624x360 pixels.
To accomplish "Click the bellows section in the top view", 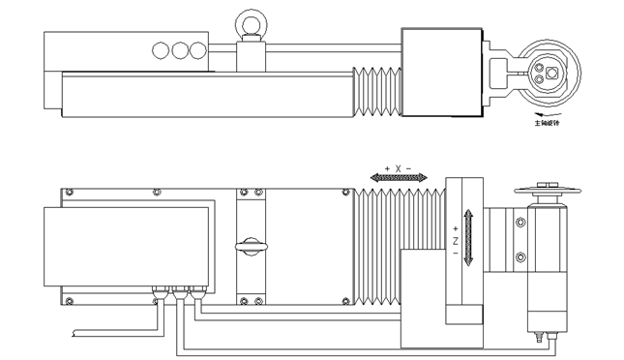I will tap(377, 91).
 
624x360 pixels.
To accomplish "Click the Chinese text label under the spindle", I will tap(548, 123).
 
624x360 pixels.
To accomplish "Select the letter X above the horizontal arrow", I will tap(398, 168).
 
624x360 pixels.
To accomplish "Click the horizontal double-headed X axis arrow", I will tap(398, 178).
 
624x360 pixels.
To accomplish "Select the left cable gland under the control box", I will tap(158, 288).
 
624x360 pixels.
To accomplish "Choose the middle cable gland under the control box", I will tap(178, 288).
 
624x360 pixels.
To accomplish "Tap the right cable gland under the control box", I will tap(196, 288).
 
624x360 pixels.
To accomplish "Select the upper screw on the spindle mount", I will tap(521, 224).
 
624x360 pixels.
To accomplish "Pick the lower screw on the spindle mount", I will tap(521, 256).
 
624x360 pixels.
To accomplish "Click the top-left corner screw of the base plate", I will tap(67, 192).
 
